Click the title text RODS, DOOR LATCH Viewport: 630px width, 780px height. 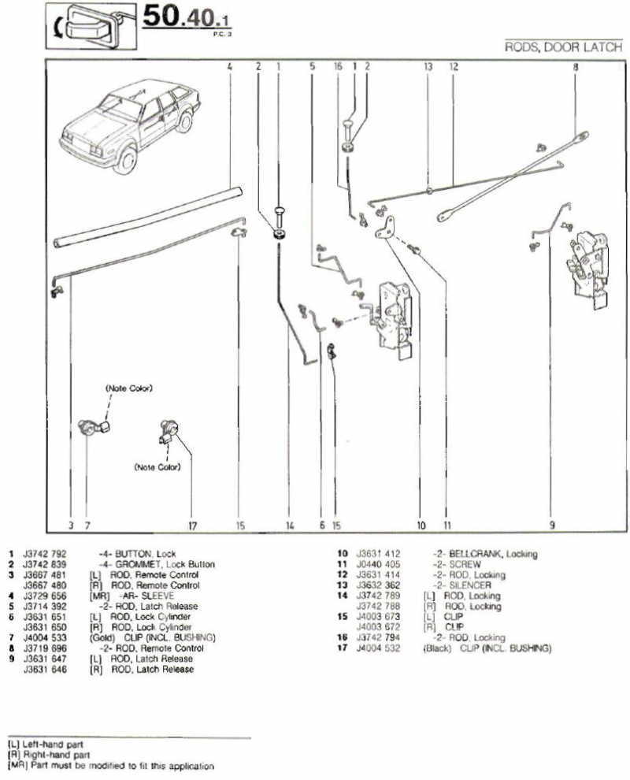tap(563, 47)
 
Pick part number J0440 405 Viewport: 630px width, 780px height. tap(379, 565)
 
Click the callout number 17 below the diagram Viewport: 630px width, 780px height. tap(191, 525)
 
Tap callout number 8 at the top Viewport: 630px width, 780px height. tap(576, 67)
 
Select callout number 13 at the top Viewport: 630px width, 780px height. tap(428, 67)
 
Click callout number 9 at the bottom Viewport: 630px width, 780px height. tap(552, 525)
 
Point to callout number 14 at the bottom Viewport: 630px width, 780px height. tap(290, 525)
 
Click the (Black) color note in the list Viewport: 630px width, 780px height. tap(437, 648)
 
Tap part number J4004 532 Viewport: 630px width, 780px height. tap(379, 648)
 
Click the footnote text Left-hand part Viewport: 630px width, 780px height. tap(52, 745)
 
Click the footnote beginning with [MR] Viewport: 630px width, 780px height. tap(110, 765)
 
